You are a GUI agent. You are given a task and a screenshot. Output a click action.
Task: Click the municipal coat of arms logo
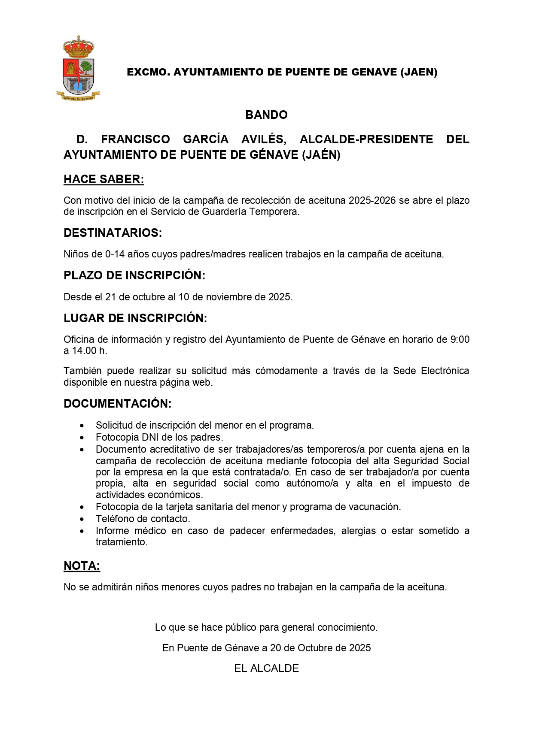pyautogui.click(x=78, y=69)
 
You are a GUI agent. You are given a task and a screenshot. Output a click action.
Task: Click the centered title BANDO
pyautogui.click(x=266, y=115)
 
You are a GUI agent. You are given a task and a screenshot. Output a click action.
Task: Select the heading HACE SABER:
pyautogui.click(x=104, y=179)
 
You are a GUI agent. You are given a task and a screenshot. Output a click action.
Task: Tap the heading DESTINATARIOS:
pyautogui.click(x=113, y=233)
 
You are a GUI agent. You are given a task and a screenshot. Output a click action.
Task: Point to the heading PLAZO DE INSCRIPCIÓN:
pyautogui.click(x=134, y=275)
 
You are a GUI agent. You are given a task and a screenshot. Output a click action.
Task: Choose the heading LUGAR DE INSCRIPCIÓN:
pyautogui.click(x=135, y=318)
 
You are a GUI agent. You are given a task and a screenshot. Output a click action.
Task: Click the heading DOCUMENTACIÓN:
pyautogui.click(x=117, y=404)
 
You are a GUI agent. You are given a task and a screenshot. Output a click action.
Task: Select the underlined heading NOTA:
pyautogui.click(x=82, y=566)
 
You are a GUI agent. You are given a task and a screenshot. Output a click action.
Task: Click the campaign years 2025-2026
pyautogui.click(x=372, y=201)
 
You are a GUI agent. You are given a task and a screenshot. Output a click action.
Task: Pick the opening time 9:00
pyautogui.click(x=460, y=340)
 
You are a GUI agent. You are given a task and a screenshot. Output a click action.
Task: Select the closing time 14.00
pyautogui.click(x=84, y=351)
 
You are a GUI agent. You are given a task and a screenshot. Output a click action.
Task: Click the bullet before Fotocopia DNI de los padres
pyautogui.click(x=82, y=438)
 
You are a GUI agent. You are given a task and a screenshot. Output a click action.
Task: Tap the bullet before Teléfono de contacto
pyautogui.click(x=82, y=520)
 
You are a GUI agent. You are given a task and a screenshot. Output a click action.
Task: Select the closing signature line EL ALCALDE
pyautogui.click(x=266, y=668)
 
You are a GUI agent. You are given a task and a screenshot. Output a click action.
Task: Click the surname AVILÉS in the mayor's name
pyautogui.click(x=263, y=139)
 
